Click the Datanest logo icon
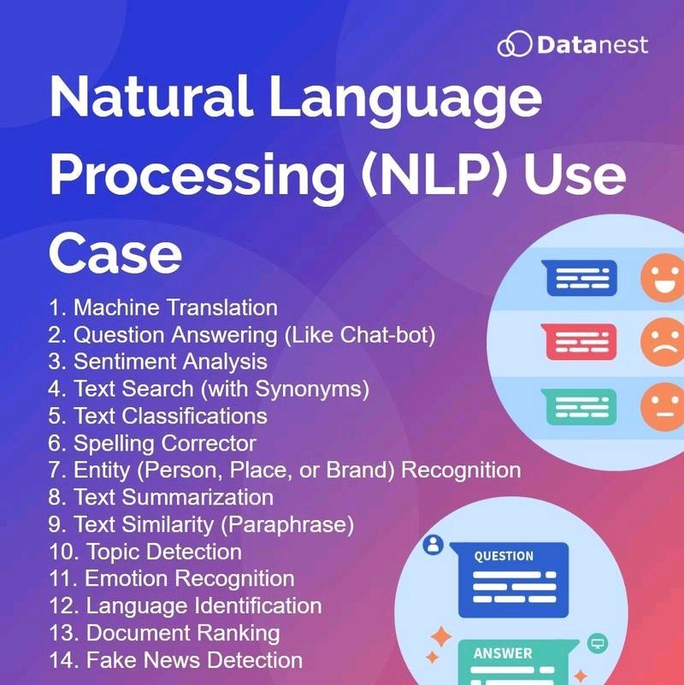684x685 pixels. click(x=515, y=44)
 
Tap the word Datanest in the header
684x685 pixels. click(x=593, y=45)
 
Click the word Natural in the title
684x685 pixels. click(x=150, y=96)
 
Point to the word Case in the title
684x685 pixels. click(x=115, y=253)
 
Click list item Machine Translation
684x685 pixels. click(x=163, y=308)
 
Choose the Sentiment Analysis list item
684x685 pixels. click(x=157, y=362)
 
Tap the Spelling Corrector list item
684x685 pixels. click(x=152, y=444)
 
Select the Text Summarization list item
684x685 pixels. click(x=161, y=497)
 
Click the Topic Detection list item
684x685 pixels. click(x=145, y=552)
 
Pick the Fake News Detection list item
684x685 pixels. click(x=175, y=659)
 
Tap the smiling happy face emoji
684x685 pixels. click(x=663, y=278)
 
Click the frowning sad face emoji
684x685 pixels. click(x=663, y=342)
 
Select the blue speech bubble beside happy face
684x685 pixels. click(x=580, y=278)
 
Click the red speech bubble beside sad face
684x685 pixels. click(x=579, y=341)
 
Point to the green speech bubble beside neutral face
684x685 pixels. click(x=579, y=407)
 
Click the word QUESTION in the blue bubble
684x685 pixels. click(x=504, y=556)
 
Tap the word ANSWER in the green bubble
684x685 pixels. click(x=503, y=653)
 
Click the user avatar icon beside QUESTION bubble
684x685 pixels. click(x=433, y=545)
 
